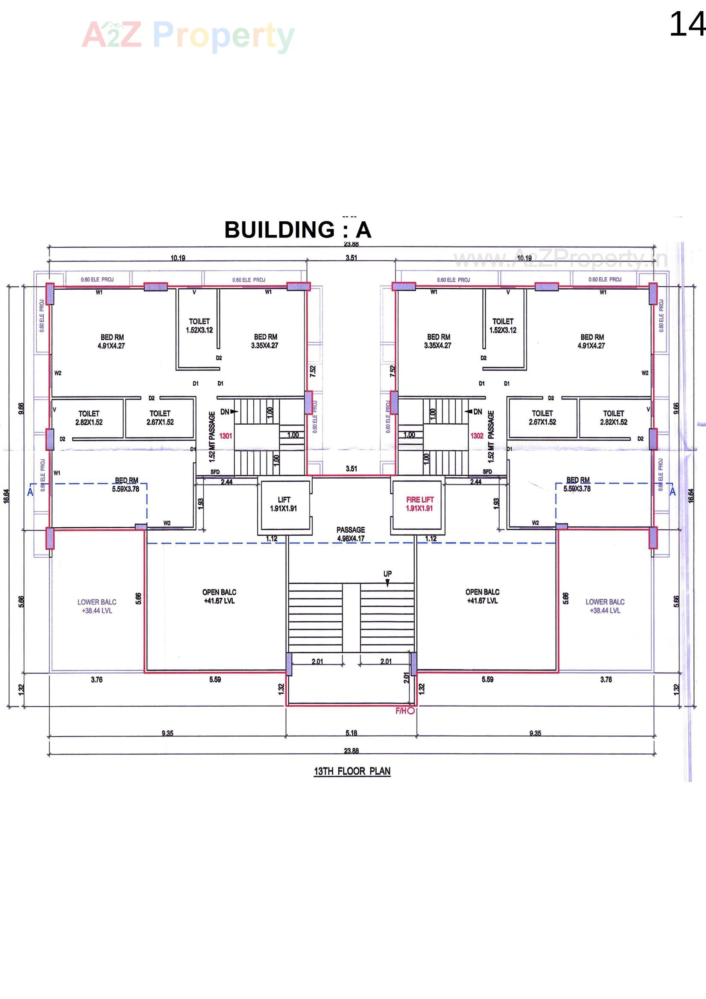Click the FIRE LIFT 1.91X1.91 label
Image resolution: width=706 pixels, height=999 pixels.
420,504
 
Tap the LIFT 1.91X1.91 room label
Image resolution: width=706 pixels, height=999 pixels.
284,504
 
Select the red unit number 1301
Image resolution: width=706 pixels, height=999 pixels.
226,435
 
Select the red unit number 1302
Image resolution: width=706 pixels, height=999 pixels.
477,435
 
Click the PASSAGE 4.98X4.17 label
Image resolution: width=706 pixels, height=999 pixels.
351,534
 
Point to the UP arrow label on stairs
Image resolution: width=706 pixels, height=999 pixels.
387,574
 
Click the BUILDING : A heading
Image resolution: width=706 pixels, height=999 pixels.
298,230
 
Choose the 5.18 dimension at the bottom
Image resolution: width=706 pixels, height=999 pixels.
351,733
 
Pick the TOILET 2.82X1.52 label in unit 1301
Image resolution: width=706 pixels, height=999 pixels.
89,418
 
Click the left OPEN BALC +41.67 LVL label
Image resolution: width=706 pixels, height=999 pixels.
219,596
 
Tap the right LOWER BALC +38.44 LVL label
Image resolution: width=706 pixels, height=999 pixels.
605,606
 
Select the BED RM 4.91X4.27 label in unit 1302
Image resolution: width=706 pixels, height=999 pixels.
592,341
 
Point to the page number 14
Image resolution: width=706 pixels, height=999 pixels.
686,25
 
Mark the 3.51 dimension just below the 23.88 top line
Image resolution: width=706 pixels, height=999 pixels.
351,258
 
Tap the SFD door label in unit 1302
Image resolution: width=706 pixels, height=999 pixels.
487,472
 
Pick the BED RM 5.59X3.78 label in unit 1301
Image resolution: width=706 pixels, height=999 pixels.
126,484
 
